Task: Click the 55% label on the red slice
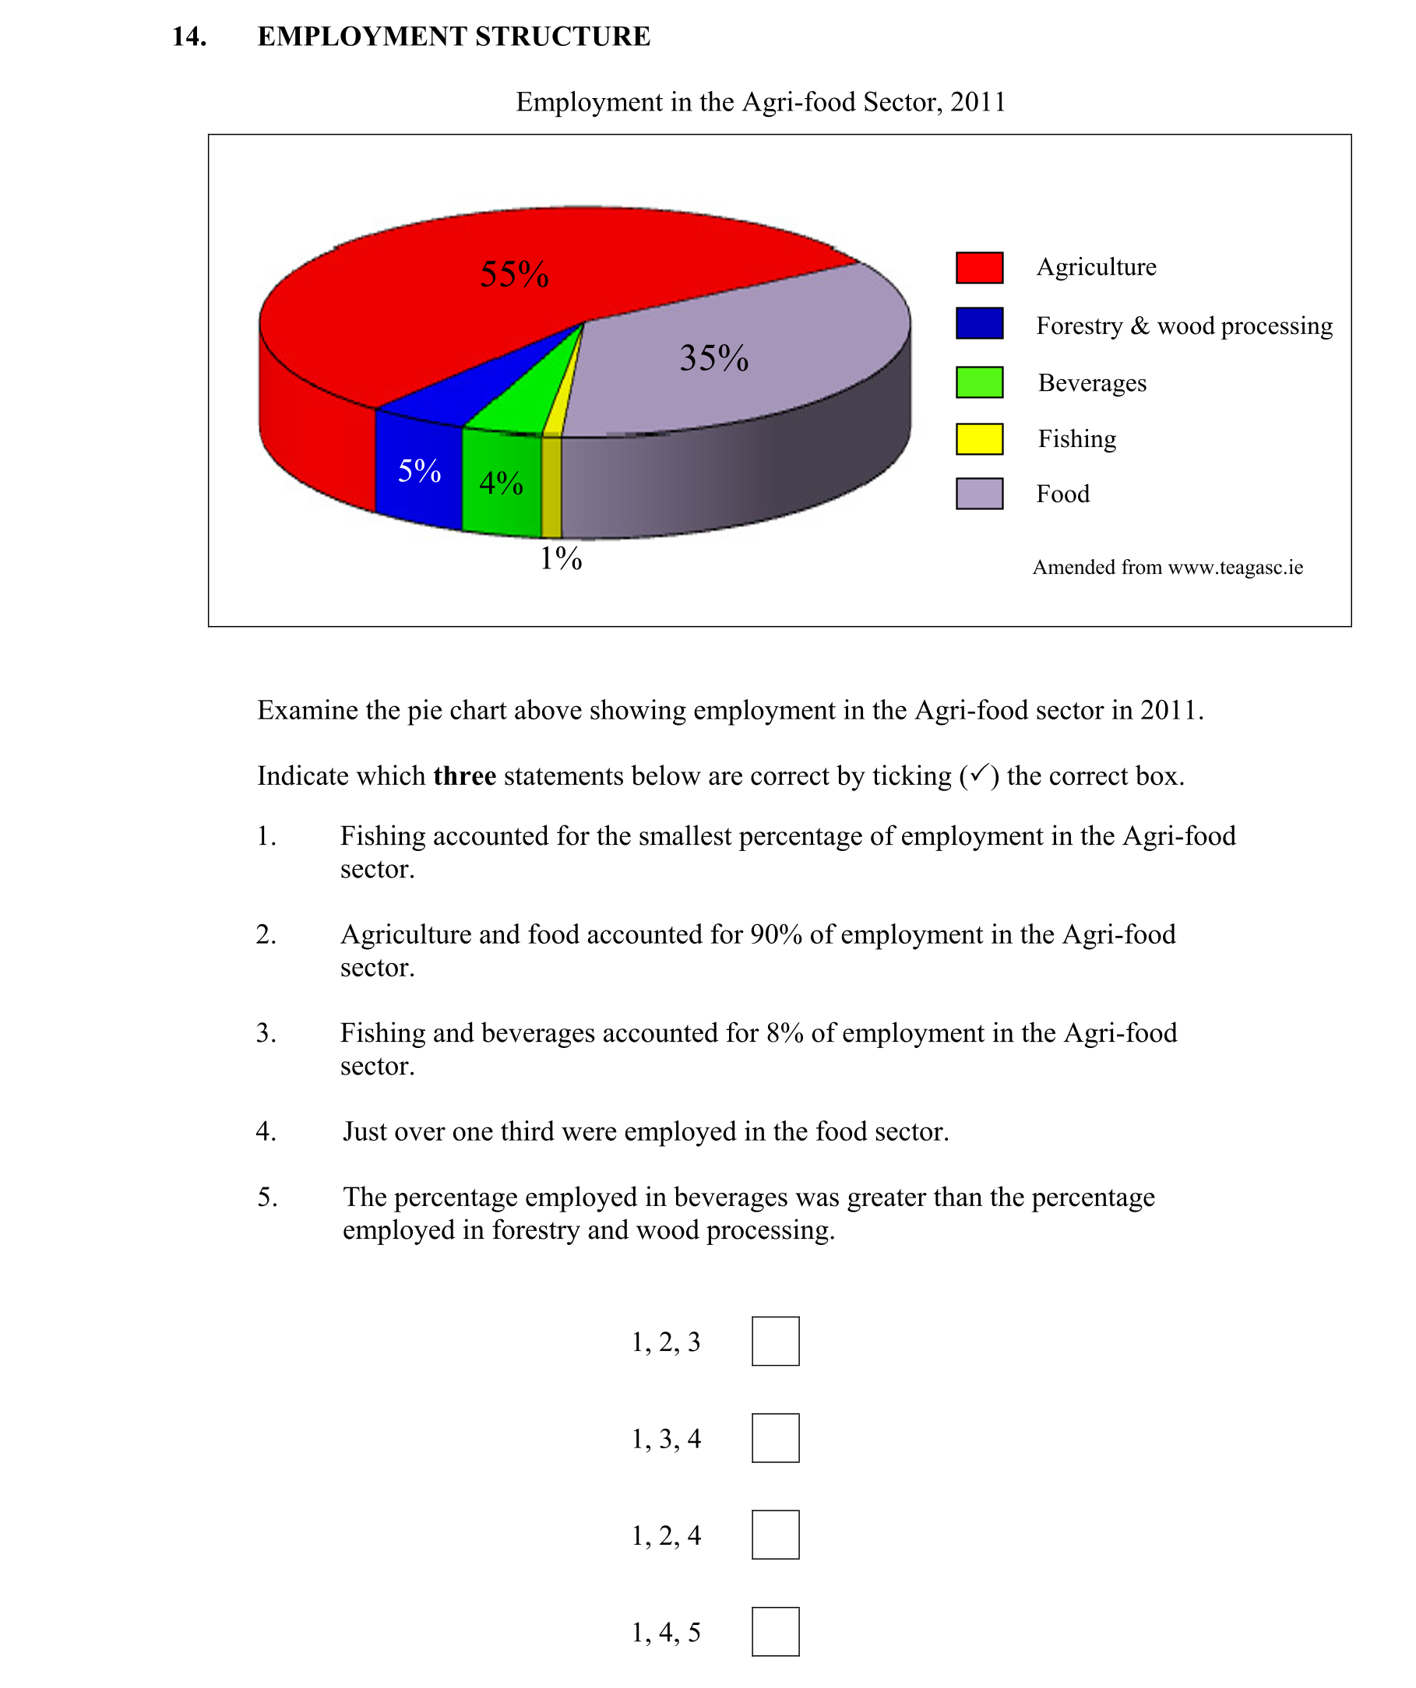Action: coord(515,274)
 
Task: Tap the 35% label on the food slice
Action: coord(714,357)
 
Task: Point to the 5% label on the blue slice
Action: coord(419,470)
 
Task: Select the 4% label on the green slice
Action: coord(501,482)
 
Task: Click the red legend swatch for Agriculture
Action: coord(978,268)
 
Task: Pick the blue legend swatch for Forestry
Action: coord(978,323)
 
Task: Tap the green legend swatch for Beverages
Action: coord(978,382)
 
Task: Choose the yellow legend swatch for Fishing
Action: coord(978,439)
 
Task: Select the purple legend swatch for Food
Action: coord(978,494)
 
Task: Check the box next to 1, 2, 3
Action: coord(775,1341)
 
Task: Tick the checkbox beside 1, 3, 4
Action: coord(775,1438)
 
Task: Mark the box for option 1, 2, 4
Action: coord(775,1535)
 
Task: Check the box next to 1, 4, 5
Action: coord(775,1632)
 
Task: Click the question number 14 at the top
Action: coord(189,36)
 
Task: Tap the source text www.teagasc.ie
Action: coord(1235,568)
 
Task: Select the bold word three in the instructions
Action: coord(464,775)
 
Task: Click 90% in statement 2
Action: coord(775,934)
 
